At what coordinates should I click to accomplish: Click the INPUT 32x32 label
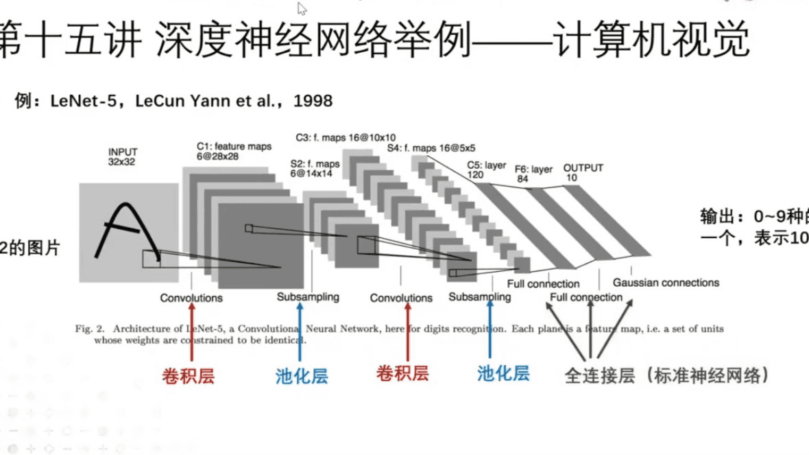(x=123, y=156)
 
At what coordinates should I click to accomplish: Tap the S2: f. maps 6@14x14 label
(x=315, y=169)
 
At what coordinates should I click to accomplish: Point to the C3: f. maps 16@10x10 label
(x=346, y=137)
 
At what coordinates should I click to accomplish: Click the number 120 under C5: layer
(x=475, y=175)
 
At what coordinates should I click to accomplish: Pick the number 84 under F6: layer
(x=522, y=178)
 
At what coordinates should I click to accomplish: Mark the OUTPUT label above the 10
(x=583, y=168)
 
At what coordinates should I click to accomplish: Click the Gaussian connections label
(x=666, y=282)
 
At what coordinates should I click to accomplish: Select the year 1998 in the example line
(x=313, y=101)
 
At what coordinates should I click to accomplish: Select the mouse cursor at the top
(x=302, y=8)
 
